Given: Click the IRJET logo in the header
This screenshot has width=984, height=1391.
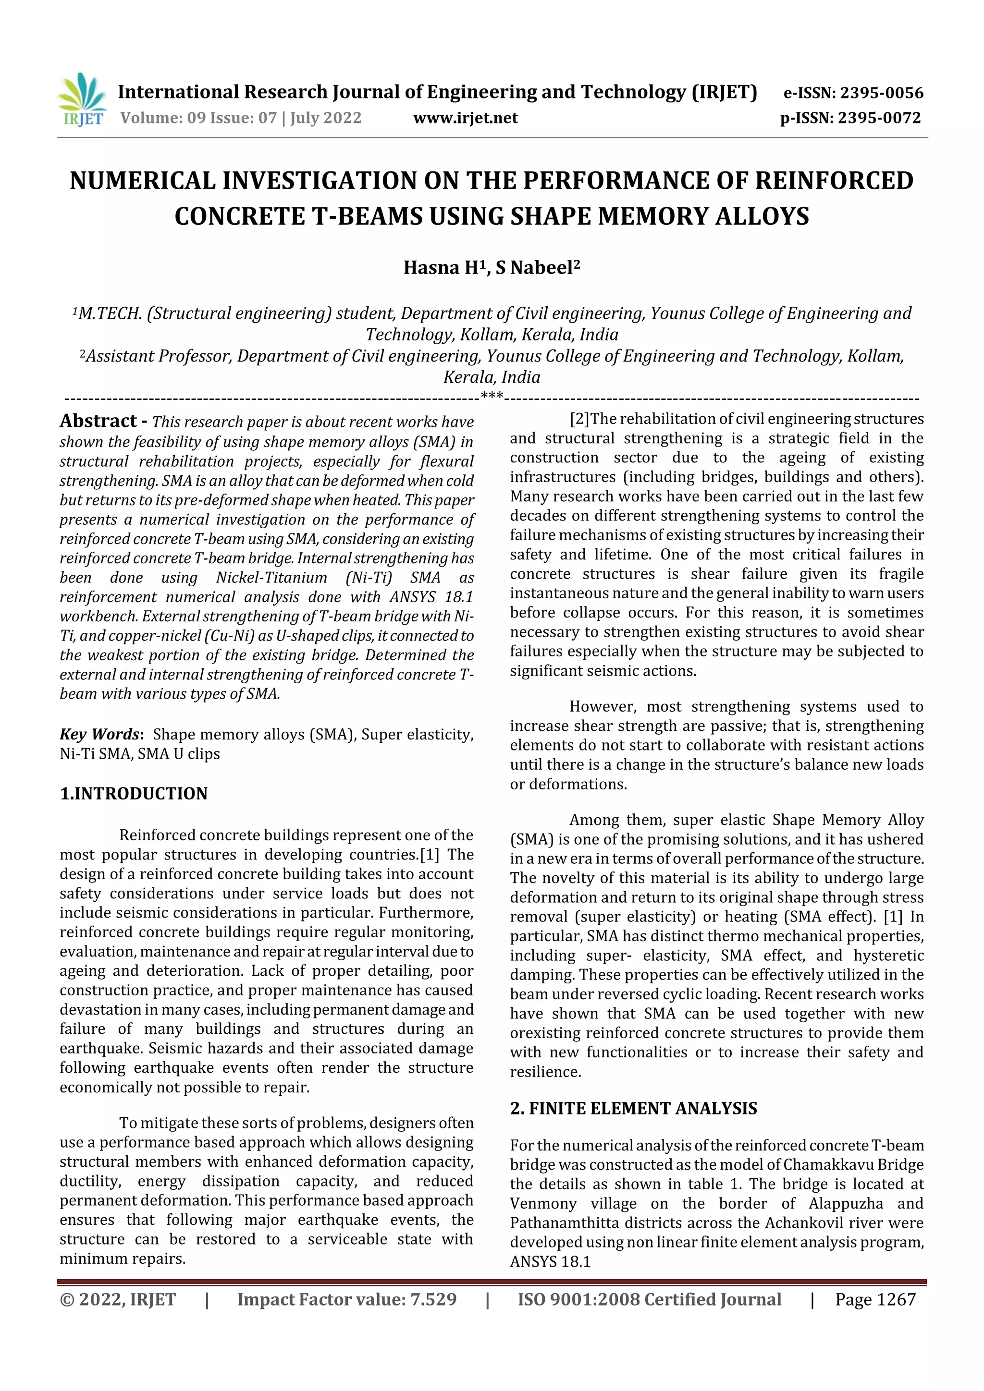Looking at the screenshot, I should (x=82, y=100).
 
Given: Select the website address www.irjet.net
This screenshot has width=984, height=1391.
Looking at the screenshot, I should (x=465, y=118).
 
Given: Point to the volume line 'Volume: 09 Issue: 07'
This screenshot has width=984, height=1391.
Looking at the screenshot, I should (x=198, y=118).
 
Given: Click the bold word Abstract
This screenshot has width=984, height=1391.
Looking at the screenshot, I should (x=98, y=421).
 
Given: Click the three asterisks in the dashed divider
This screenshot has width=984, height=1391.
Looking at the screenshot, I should (x=492, y=396).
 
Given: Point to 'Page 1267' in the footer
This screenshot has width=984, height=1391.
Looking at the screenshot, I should (x=875, y=1299).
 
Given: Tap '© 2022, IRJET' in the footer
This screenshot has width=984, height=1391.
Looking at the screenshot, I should (x=118, y=1299).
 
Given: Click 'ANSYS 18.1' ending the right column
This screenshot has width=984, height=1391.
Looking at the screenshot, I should (x=550, y=1261).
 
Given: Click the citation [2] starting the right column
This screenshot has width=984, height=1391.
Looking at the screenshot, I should (x=579, y=419).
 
